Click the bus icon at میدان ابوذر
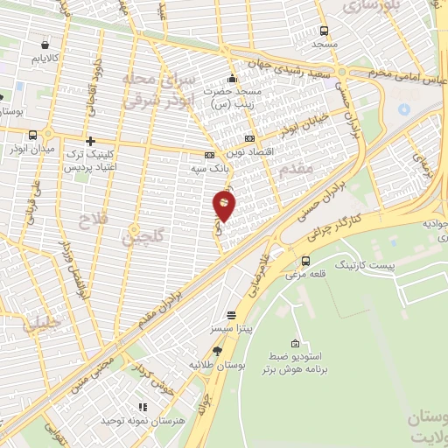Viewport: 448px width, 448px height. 33,135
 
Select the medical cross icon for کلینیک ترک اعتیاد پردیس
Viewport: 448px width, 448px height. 90,140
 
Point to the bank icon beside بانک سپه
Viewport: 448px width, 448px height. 208,156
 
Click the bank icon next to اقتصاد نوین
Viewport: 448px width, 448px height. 250,138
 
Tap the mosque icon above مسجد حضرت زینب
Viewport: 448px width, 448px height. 232,75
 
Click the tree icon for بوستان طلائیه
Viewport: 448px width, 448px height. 217,351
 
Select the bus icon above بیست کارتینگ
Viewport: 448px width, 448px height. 304,261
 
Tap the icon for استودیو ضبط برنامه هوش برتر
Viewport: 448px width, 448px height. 295,342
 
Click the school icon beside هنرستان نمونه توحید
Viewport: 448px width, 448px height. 143,407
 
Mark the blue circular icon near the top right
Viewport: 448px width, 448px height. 403,110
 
